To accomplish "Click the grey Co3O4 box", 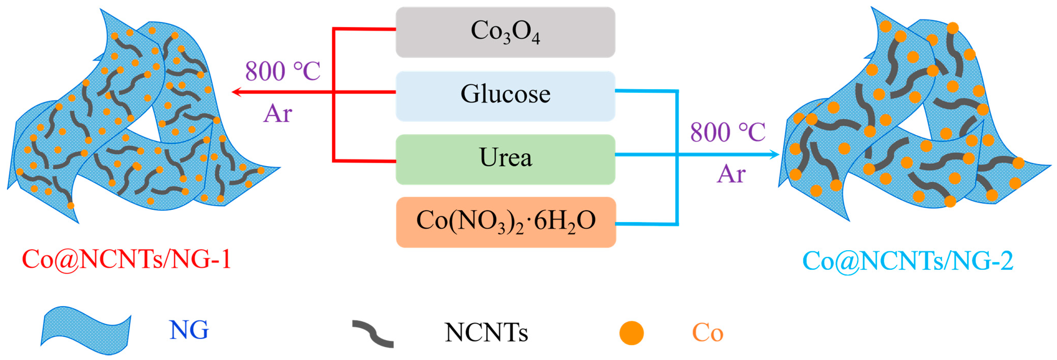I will pyautogui.click(x=505, y=32).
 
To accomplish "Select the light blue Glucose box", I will pyautogui.click(x=505, y=96).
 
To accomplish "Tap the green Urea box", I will pyautogui.click(x=505, y=159).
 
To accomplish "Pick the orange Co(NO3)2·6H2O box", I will pyautogui.click(x=505, y=222).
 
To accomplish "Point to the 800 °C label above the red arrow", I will pyautogui.click(x=282, y=71).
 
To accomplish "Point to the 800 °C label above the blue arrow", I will pyautogui.click(x=727, y=132).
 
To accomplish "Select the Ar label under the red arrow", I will pyautogui.click(x=277, y=114).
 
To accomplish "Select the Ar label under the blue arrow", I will pyautogui.click(x=731, y=174).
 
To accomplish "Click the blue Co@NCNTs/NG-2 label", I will pyautogui.click(x=908, y=261).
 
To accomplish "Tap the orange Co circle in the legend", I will pyautogui.click(x=631, y=333).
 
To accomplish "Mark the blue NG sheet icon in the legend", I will pyautogui.click(x=85, y=331).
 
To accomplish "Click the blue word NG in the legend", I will pyautogui.click(x=189, y=330).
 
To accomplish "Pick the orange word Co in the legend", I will pyautogui.click(x=707, y=333).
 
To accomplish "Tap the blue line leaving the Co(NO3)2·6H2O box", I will pyautogui.click(x=646, y=224).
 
